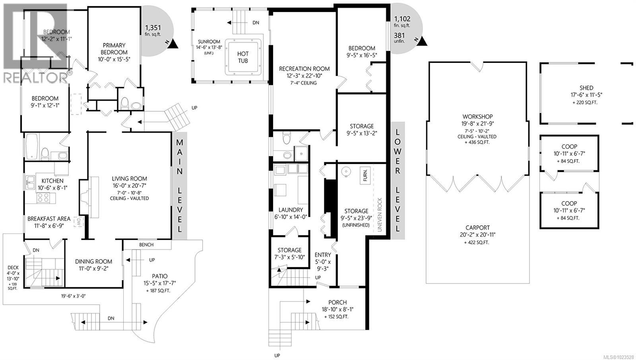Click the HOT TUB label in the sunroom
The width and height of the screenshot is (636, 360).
pos(243,57)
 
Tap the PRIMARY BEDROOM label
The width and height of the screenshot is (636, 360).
pos(114,49)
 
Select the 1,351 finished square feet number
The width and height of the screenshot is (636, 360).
pos(153,28)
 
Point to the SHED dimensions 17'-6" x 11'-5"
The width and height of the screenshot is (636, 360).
pos(586,95)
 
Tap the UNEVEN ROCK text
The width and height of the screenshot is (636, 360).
pos(380,215)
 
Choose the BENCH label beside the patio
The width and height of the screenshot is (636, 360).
pos(146,245)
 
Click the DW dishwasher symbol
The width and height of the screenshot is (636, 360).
pos(79,223)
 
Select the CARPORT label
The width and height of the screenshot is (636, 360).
pos(477,228)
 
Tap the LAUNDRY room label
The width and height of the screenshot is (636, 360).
pos(291,210)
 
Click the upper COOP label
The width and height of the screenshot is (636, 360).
pos(569,146)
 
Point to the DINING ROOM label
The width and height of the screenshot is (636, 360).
pos(94,261)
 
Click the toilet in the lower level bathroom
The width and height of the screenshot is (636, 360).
pos(285,139)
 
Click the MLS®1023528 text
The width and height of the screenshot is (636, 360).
pos(619,357)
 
